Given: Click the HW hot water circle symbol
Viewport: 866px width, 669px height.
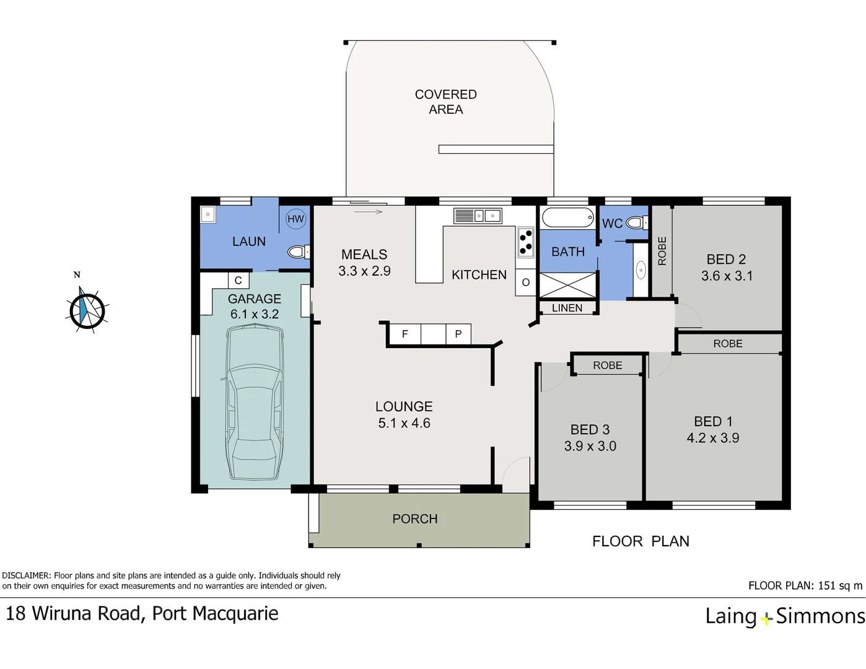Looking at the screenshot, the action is [x=295, y=219].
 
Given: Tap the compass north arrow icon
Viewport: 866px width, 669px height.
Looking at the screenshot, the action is [x=87, y=310].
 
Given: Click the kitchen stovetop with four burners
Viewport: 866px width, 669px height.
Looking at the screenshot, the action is [x=526, y=243].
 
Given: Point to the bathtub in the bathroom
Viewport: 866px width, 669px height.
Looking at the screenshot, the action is [x=568, y=217].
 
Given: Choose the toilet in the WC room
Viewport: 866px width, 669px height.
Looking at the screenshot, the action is [x=636, y=222].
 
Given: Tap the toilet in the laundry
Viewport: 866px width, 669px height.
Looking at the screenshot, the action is [x=299, y=252].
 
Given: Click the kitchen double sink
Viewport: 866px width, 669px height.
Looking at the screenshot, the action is [x=478, y=216].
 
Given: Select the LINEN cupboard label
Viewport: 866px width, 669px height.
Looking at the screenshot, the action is [x=567, y=308].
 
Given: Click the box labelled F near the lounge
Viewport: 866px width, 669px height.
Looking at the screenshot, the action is [x=405, y=334].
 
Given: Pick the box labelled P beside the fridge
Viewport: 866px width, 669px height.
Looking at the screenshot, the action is [x=458, y=334].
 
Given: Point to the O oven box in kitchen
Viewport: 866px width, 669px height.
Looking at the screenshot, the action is [x=525, y=282].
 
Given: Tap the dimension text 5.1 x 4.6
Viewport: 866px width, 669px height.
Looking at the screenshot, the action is [x=404, y=422].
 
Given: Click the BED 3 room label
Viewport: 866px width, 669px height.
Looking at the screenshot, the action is [x=590, y=429].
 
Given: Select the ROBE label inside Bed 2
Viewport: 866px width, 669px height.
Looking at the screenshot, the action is [x=662, y=251].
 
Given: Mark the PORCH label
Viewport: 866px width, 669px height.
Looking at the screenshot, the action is [x=415, y=518].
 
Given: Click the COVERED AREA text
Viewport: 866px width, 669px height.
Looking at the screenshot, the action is [x=445, y=102].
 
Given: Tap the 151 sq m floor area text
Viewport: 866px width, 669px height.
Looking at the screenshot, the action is [x=840, y=585].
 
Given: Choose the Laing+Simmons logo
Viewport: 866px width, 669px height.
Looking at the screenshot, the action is [x=785, y=616].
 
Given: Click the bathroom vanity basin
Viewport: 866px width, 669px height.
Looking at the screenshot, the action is [x=641, y=271].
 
